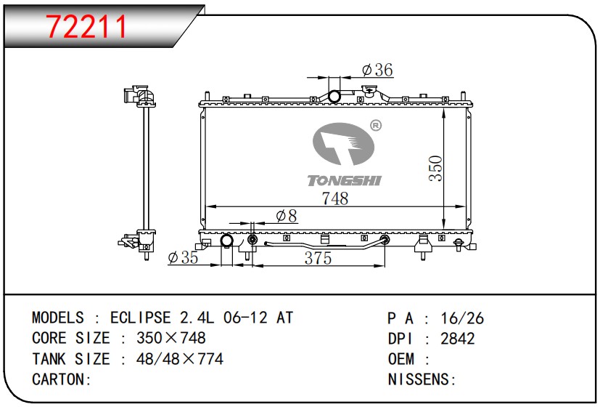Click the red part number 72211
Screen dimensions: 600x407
[86, 26]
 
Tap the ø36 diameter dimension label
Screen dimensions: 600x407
[377, 70]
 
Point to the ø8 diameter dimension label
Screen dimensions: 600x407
[287, 216]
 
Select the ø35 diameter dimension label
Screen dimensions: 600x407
[184, 257]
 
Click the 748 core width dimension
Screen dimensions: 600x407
[335, 198]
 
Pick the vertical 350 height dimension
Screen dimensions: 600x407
[435, 168]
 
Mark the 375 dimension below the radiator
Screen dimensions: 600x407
[318, 258]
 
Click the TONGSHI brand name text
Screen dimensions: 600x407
[345, 180]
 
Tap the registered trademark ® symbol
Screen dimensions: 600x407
[376, 125]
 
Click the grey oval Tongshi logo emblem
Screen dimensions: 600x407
[343, 144]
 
